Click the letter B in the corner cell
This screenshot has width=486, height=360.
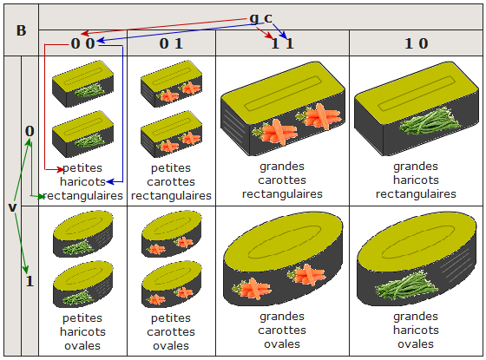tap(21, 30)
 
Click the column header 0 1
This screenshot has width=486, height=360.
tap(171, 43)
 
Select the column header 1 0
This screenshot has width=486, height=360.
tap(417, 43)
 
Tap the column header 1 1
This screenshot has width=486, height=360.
tap(282, 43)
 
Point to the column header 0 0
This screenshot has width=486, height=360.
tap(82, 43)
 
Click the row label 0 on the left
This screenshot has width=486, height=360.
tap(30, 131)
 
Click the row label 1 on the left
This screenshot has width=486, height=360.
tap(30, 281)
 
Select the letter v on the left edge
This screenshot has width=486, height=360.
tap(12, 207)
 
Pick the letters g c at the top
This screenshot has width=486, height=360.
tap(261, 17)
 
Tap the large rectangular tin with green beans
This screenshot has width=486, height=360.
tap(417, 108)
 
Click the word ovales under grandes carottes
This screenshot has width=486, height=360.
tap(282, 344)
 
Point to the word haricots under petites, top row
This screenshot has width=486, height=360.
tap(82, 181)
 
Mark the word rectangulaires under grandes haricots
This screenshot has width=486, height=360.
tap(416, 194)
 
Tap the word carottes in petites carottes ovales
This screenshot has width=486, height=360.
tap(171, 331)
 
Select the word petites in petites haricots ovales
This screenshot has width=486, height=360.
tap(82, 317)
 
